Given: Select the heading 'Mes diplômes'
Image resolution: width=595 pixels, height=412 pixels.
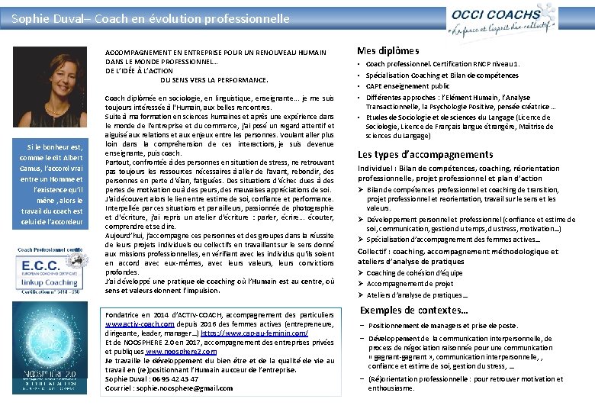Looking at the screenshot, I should [388, 50].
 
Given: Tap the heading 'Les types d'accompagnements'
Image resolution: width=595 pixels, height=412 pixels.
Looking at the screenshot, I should [425, 154].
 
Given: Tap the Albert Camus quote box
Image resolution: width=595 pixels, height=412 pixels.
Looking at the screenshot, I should [52, 184].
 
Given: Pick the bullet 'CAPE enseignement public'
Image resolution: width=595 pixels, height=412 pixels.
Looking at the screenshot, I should [407, 86].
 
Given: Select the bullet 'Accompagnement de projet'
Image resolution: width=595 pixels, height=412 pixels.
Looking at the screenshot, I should [410, 284].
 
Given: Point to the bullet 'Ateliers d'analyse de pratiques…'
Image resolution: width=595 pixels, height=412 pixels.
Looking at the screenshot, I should [417, 295].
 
